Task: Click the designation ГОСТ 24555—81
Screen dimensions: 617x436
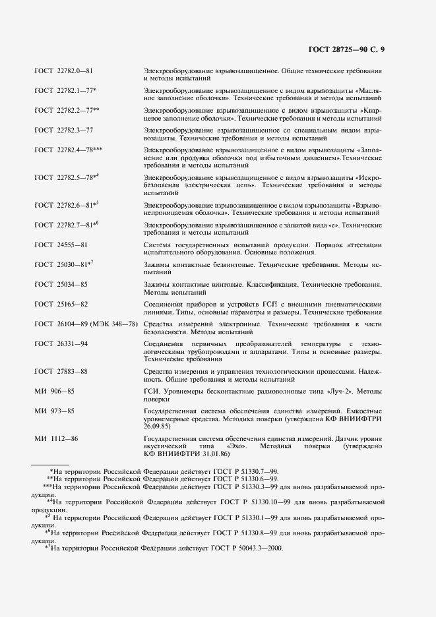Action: (x=61, y=245)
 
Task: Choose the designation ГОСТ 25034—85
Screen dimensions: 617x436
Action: (x=61, y=284)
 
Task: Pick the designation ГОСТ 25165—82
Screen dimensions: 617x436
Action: (x=61, y=304)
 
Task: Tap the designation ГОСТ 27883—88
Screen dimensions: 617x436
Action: (x=61, y=372)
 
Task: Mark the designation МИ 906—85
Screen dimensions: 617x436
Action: (x=56, y=392)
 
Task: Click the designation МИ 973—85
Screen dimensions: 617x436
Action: (x=56, y=411)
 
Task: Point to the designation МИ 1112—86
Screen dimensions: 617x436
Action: (x=57, y=438)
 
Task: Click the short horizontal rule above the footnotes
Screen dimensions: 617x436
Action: (x=50, y=465)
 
